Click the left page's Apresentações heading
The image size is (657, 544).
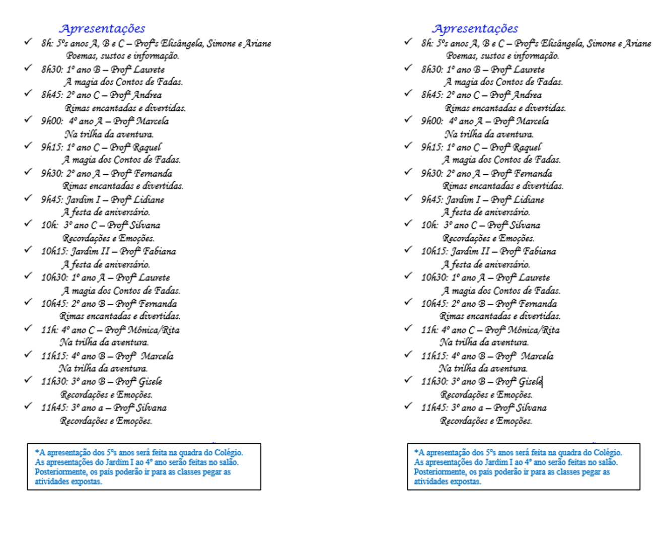click(x=102, y=29)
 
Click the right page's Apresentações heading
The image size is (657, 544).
click(x=475, y=29)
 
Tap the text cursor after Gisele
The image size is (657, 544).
click(x=543, y=382)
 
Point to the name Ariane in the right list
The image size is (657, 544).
click(x=637, y=44)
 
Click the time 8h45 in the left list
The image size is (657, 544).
click(x=52, y=95)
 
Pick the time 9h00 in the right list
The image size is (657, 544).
click(x=432, y=121)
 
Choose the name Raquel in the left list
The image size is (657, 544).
click(x=147, y=148)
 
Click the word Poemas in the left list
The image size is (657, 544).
click(x=81, y=56)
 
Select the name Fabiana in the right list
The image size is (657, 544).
click(x=539, y=251)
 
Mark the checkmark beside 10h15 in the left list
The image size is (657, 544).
click(x=28, y=250)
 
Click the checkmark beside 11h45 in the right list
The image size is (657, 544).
click(x=408, y=406)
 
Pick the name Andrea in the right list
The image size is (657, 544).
click(x=528, y=95)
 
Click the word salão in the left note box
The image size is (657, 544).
click(x=229, y=462)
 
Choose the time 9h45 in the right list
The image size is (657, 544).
click(x=432, y=200)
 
